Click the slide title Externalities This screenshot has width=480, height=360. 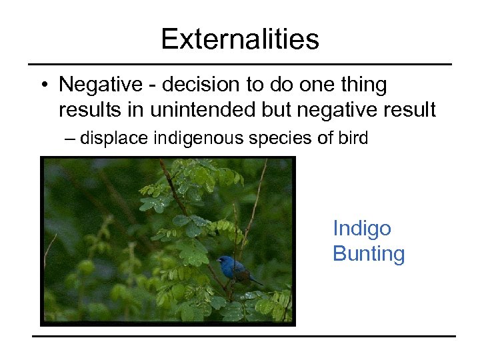pos(240,39)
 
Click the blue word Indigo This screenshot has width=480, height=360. pos(362,229)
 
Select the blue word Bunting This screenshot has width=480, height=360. pos(369,254)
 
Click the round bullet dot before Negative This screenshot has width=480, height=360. pos(43,86)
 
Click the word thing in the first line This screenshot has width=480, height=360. pos(363,85)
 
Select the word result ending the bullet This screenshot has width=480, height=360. pos(411,110)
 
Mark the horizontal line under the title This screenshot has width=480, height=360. pos(240,64)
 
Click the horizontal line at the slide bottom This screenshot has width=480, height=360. pos(244,335)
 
